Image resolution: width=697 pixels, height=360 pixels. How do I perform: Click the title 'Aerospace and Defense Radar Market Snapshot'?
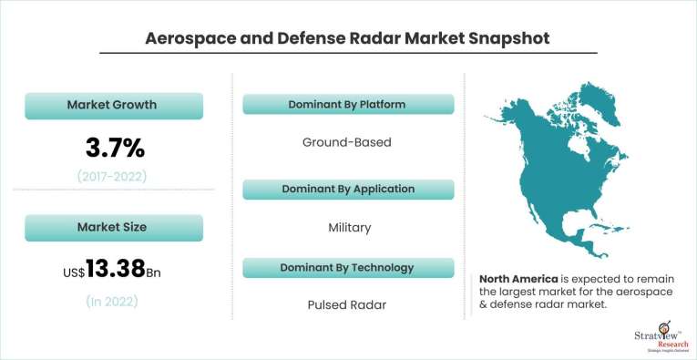point(348,38)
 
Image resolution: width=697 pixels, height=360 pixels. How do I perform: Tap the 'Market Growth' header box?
point(112,105)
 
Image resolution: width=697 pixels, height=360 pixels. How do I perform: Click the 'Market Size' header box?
point(112,227)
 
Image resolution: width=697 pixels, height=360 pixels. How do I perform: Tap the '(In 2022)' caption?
point(112,301)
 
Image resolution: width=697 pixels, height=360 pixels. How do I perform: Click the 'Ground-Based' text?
point(346,143)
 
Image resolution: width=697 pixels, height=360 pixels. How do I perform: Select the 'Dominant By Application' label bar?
point(348,189)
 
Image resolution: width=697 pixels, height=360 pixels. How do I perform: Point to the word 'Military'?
point(349,227)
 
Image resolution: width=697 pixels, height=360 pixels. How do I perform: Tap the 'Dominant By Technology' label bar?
point(348,267)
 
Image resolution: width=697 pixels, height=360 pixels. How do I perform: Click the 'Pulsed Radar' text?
point(347,305)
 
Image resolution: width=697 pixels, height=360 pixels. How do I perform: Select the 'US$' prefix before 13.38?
point(72,272)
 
